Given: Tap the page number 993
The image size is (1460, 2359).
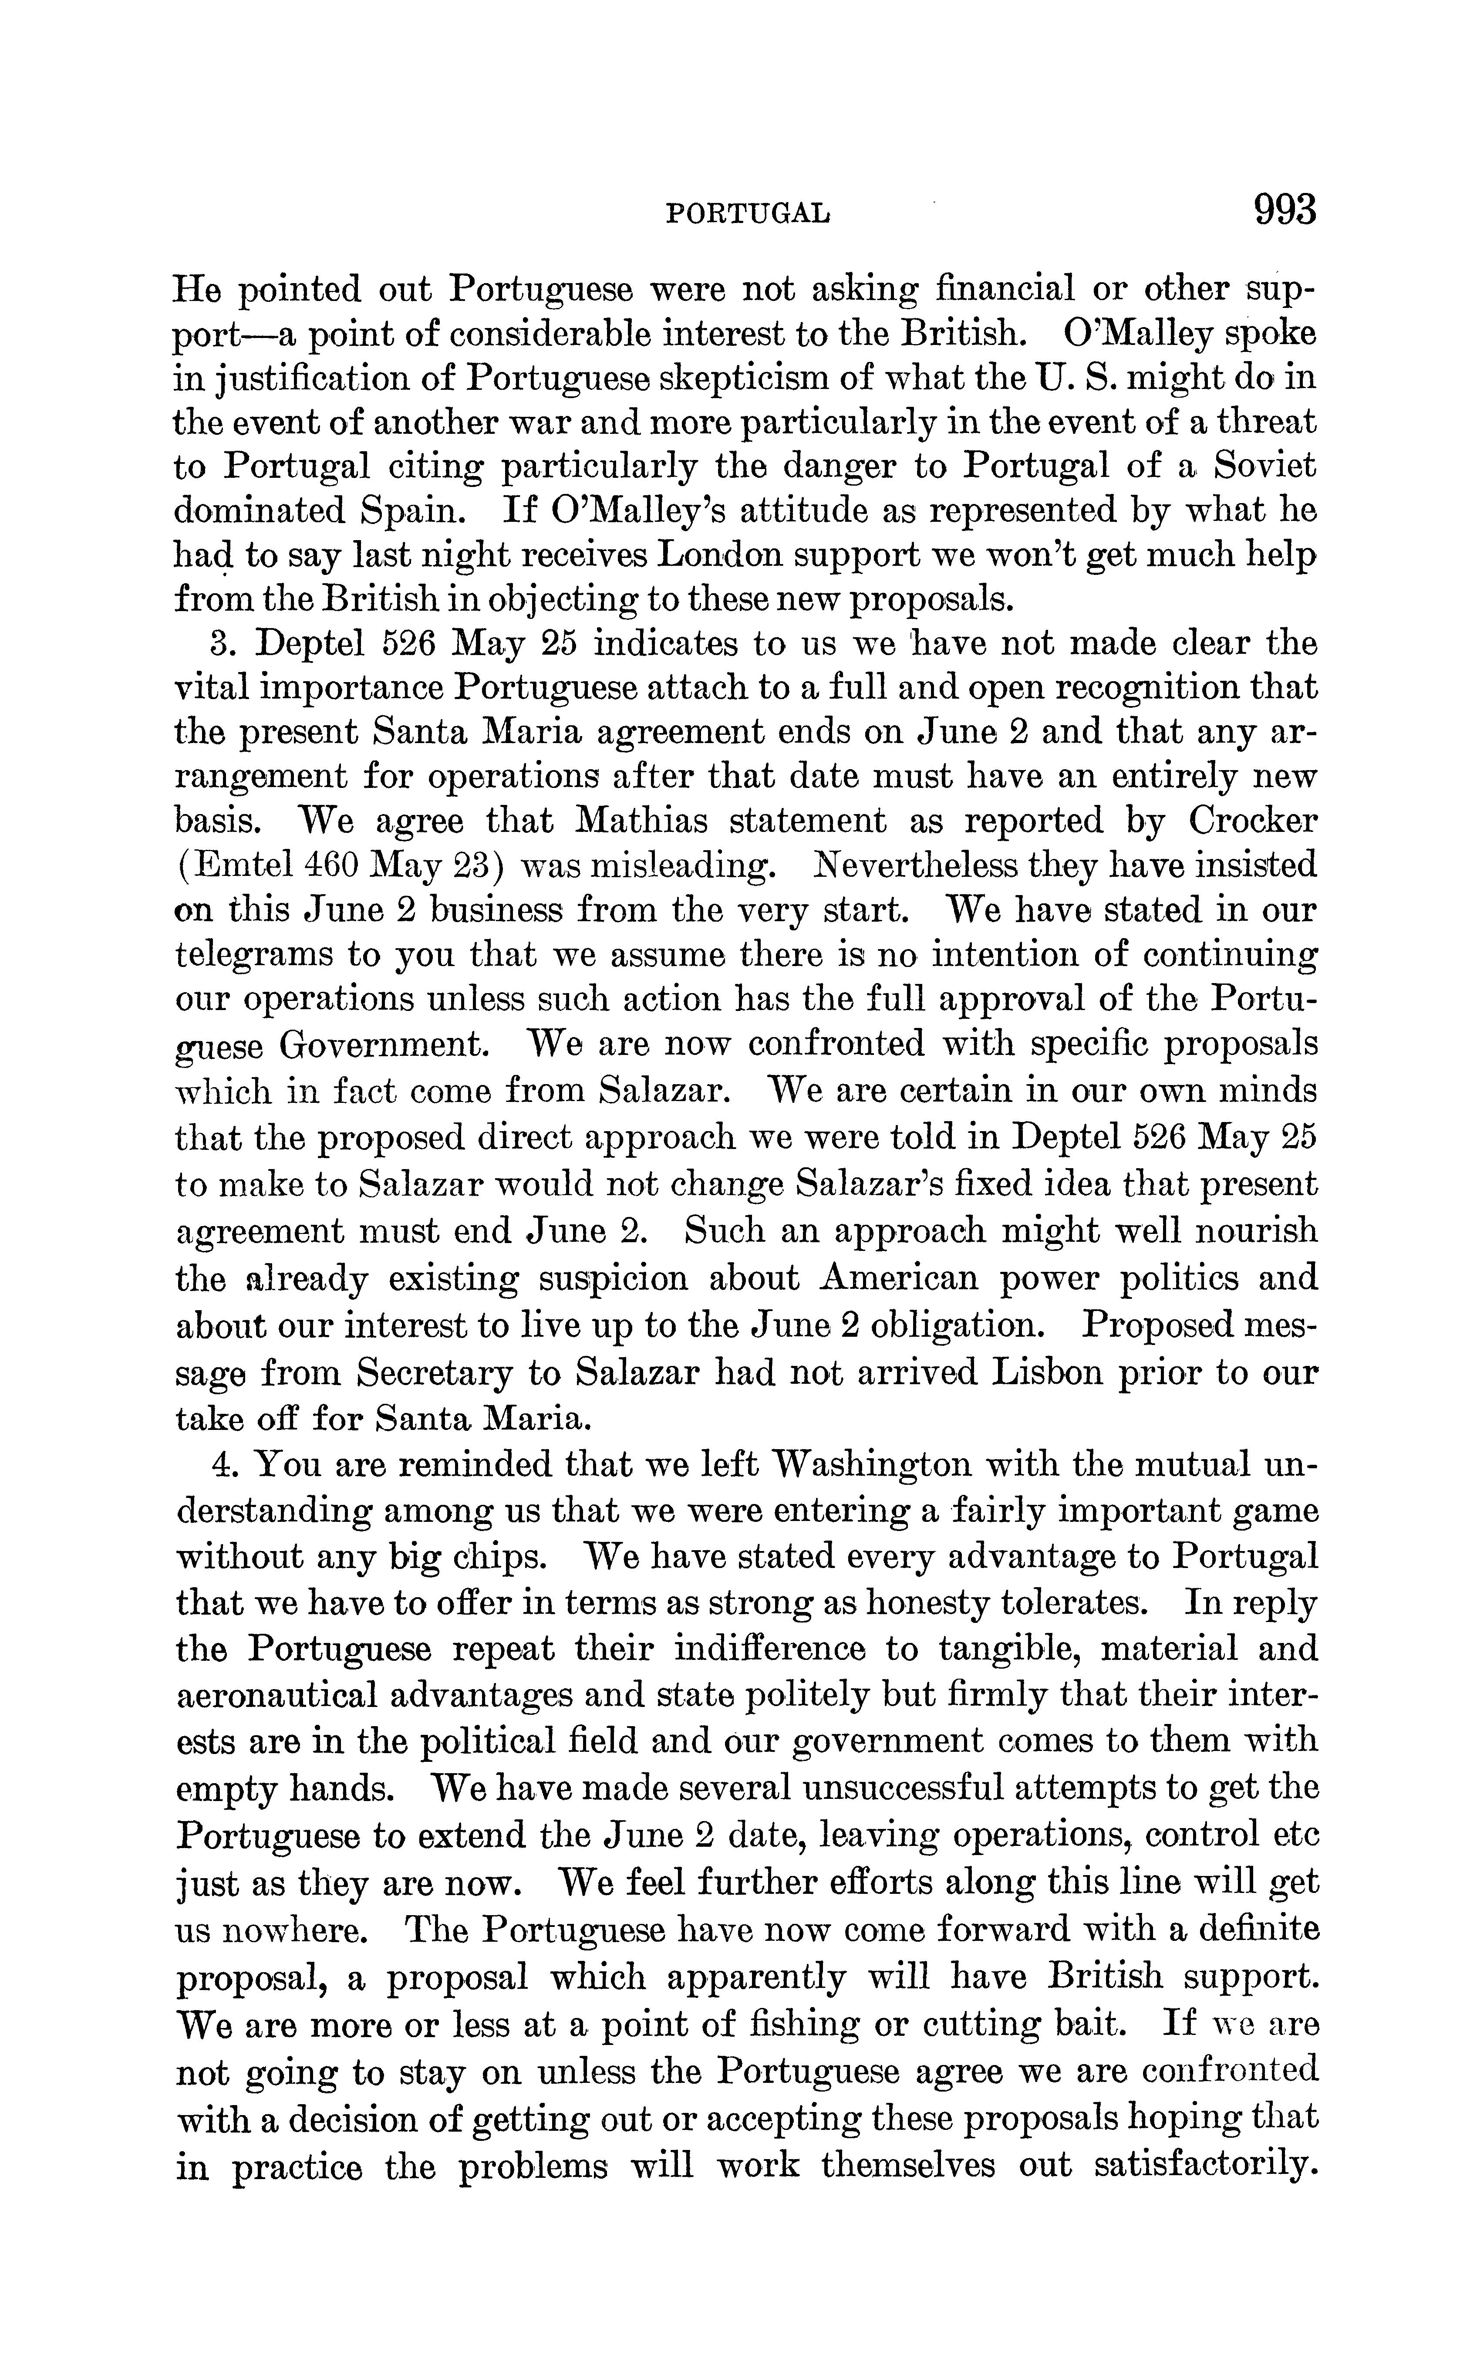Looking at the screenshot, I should click(x=1284, y=210).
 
